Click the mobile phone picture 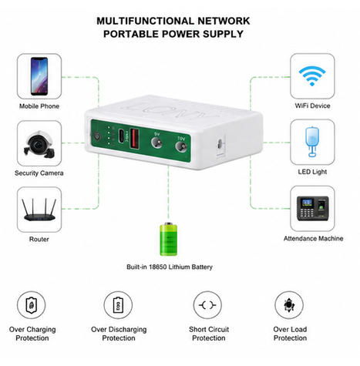click(39, 76)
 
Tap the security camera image click(39, 144)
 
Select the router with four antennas click(39, 210)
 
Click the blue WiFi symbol click(312, 76)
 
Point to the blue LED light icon click(312, 142)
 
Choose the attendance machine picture click(313, 208)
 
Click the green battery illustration click(169, 239)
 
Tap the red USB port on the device click(135, 139)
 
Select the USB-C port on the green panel click(121, 136)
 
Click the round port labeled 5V click(157, 143)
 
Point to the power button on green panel click(98, 136)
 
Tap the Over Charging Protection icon click(32, 305)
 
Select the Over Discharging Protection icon click(118, 305)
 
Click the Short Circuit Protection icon click(207, 305)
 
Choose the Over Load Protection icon click(289, 305)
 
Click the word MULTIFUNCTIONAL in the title click(145, 21)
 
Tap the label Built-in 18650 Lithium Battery click(170, 267)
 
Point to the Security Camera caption click(39, 173)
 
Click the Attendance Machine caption click(313, 239)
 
